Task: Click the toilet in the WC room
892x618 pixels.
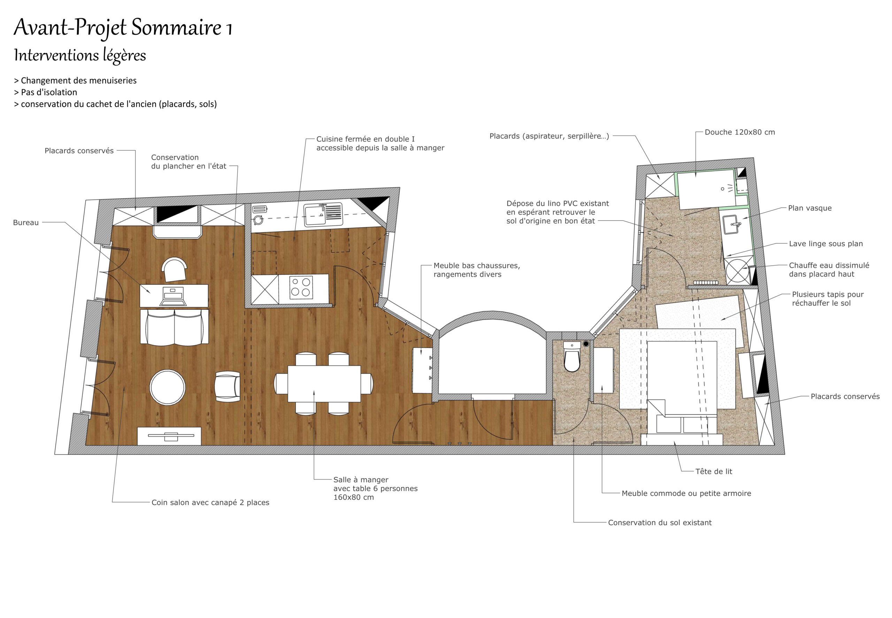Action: point(572,357)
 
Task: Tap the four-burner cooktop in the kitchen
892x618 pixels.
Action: point(301,287)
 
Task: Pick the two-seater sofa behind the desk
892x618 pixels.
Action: point(174,327)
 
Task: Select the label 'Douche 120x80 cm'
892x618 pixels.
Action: point(740,132)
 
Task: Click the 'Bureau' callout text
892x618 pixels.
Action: point(26,222)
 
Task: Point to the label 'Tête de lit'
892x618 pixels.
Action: point(714,471)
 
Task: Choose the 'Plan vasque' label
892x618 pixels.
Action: point(810,208)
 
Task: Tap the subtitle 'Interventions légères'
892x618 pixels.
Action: point(80,55)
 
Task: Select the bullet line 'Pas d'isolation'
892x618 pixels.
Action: point(46,92)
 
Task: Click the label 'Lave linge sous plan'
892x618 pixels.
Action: point(826,244)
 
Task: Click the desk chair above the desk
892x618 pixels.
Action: point(174,270)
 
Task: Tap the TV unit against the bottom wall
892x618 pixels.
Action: point(169,436)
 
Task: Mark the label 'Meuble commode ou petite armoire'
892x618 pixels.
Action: point(686,493)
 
